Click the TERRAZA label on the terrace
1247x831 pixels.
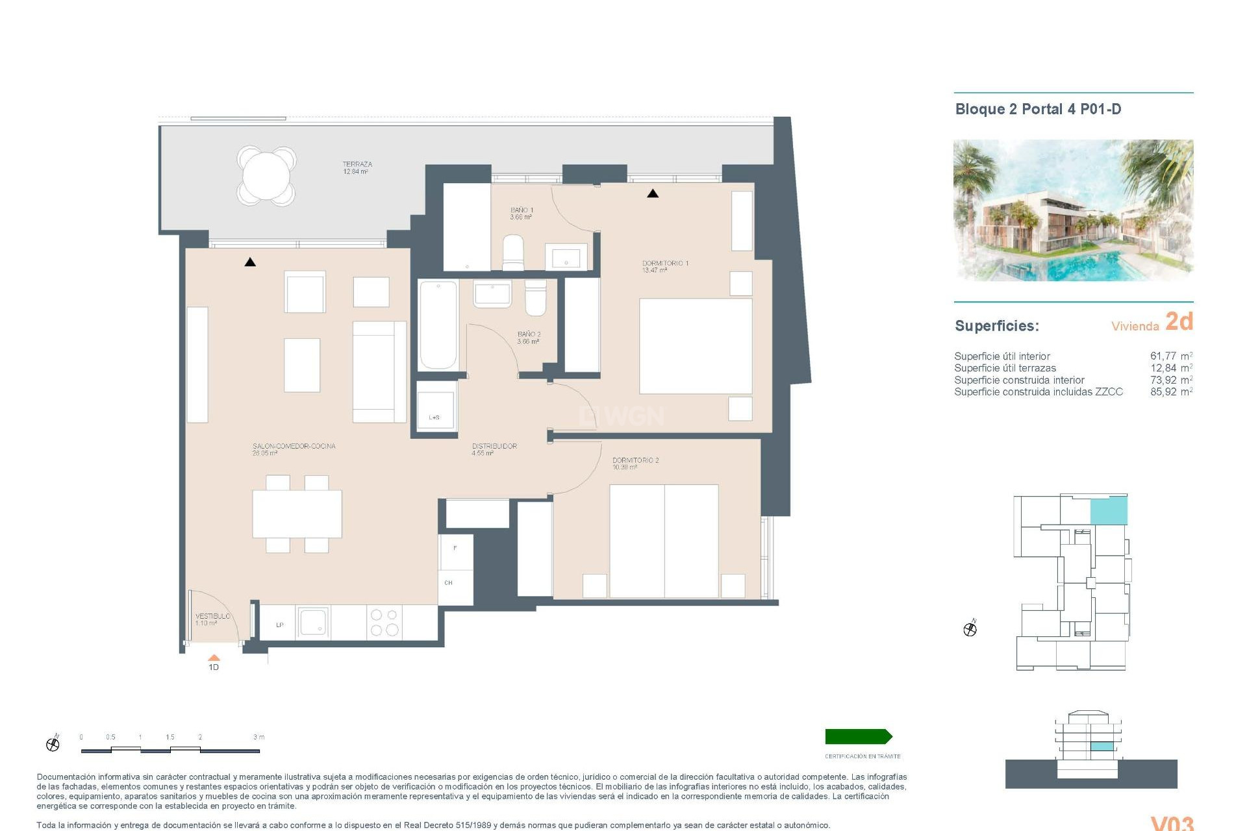pyautogui.click(x=357, y=165)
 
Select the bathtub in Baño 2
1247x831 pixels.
pyautogui.click(x=438, y=325)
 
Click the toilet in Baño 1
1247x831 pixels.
pyautogui.click(x=513, y=252)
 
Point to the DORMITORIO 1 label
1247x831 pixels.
pyautogui.click(x=665, y=264)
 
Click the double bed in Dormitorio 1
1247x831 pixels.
pyautogui.click(x=696, y=345)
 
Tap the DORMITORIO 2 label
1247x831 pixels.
pyautogui.click(x=635, y=460)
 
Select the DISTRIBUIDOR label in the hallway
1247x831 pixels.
pyautogui.click(x=494, y=446)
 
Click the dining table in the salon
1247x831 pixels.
pyautogui.click(x=297, y=514)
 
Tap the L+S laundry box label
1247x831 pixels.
pyautogui.click(x=435, y=417)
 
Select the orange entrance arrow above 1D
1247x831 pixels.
pyautogui.click(x=214, y=658)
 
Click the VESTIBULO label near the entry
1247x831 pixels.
pyautogui.click(x=212, y=616)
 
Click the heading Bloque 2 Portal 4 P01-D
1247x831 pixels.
pyautogui.click(x=1038, y=109)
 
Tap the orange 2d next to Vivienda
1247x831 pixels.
pyautogui.click(x=1179, y=321)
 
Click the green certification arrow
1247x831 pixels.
pyautogui.click(x=858, y=736)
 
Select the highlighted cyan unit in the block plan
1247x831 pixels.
pyautogui.click(x=1108, y=511)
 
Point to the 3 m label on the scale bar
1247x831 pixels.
pyautogui.click(x=258, y=737)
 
